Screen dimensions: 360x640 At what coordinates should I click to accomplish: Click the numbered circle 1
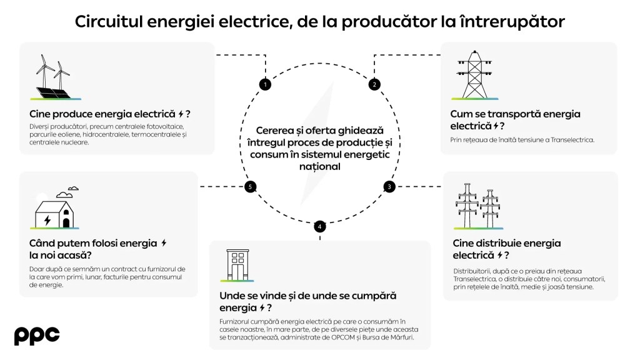[x=265, y=84]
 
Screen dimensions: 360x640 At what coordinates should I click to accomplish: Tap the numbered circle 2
[x=374, y=84]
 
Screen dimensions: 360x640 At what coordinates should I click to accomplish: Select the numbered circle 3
[x=389, y=186]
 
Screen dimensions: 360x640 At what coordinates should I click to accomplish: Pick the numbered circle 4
[x=320, y=226]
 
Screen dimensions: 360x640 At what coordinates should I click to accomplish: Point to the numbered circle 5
[x=250, y=186]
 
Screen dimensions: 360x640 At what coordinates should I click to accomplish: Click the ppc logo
[x=37, y=336]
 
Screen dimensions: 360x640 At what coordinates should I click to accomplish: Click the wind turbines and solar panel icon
[x=56, y=78]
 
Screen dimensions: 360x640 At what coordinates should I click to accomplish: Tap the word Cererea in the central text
[x=262, y=129]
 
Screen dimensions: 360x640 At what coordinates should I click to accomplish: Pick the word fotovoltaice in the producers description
[x=159, y=127]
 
